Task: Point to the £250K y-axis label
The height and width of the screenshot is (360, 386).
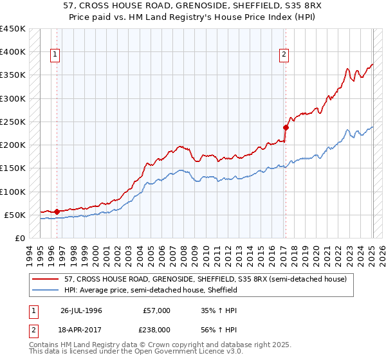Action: point(13,122)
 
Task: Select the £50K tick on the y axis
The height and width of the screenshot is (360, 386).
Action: point(15,215)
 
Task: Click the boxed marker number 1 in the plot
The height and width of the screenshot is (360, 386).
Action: point(56,55)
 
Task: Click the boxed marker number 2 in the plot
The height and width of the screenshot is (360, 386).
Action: point(284,55)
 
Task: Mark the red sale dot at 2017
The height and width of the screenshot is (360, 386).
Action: point(286,127)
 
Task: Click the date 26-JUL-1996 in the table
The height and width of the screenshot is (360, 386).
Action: point(81,310)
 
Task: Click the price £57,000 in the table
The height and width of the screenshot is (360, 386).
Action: point(157,310)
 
